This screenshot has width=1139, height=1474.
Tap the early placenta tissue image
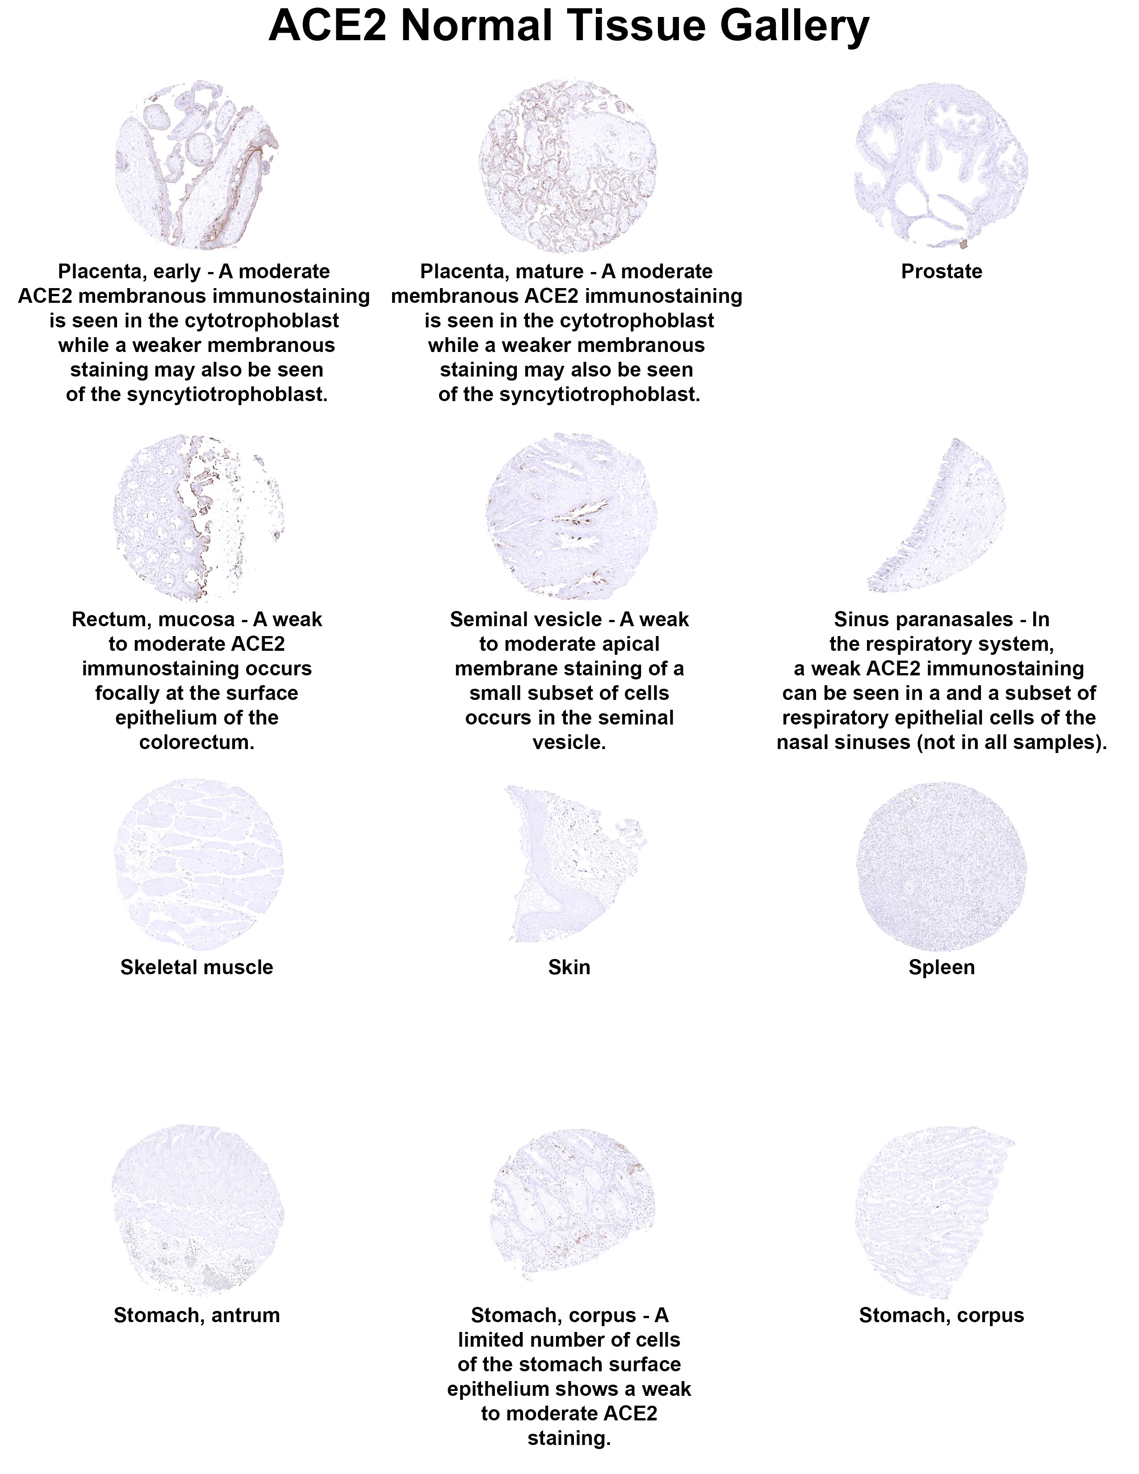197,165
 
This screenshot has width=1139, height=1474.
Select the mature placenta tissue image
568,165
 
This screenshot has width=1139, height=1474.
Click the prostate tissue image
941,165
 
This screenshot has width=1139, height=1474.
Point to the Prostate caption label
941,271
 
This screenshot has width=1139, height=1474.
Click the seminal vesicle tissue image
571,516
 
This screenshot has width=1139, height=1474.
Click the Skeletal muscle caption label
197,967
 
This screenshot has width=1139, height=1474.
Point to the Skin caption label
569,967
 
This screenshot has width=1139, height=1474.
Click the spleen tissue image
941,867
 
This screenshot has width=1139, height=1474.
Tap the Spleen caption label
941,967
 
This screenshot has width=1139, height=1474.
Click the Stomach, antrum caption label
197,1315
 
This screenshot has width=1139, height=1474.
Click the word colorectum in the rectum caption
197,742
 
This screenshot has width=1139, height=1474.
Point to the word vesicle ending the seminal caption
569,742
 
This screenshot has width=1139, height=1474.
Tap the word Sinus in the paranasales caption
857,619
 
